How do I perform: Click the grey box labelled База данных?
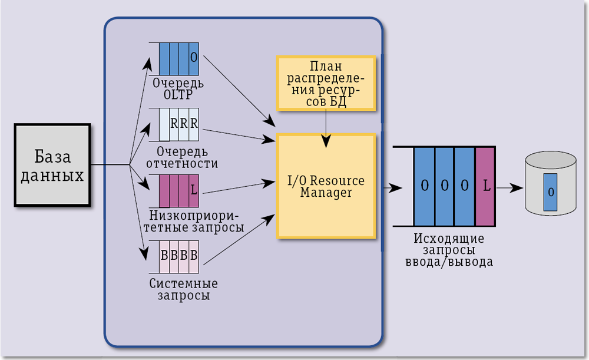(52, 165)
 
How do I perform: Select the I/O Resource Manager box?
(326, 186)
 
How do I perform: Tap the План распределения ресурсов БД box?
(326, 83)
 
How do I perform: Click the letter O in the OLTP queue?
(194, 58)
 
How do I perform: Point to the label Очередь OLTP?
(178, 89)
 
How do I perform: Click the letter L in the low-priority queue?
(193, 190)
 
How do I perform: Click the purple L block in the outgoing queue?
(486, 186)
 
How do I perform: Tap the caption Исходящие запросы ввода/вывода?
(449, 250)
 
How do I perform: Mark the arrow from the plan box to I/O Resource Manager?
(326, 127)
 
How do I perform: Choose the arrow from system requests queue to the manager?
(239, 239)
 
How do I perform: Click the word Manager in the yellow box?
(326, 193)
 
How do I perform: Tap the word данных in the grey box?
(52, 176)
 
